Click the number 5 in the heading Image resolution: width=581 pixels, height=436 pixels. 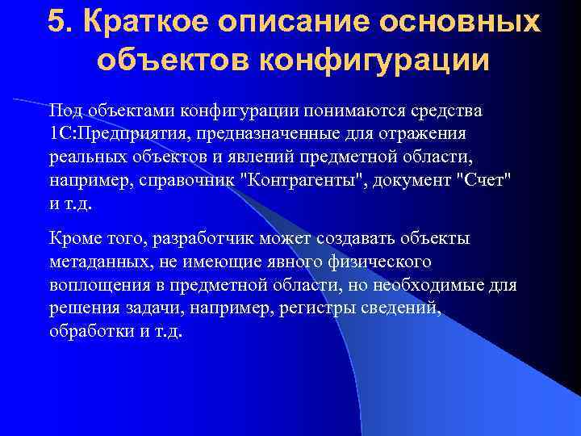(x=57, y=22)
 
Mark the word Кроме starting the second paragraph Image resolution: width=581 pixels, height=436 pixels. (x=75, y=238)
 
